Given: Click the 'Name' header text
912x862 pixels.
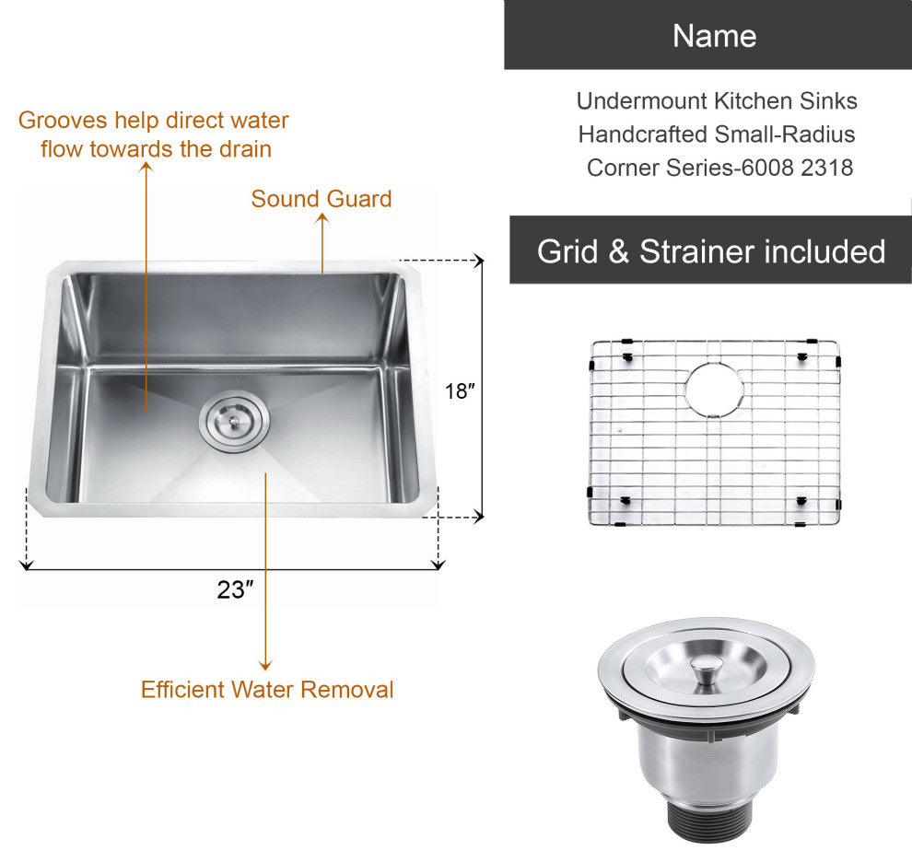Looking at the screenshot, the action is tap(714, 36).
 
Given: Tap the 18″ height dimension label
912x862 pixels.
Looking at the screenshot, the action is tap(460, 390).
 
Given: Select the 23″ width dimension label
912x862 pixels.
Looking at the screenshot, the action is tap(235, 589).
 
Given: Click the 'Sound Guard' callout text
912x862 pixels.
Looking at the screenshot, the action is tap(322, 199).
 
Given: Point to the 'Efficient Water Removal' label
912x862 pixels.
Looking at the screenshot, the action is tap(267, 689).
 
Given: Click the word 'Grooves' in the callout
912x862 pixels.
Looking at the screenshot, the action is tap(63, 121).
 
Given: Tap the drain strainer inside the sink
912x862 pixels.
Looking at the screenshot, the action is tap(234, 421).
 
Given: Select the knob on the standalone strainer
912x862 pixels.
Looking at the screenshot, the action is tap(705, 670).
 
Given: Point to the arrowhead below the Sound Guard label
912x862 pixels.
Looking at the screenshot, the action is tap(322, 218).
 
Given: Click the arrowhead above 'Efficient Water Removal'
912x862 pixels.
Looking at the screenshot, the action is tap(265, 665).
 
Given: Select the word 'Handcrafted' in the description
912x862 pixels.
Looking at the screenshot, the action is tap(642, 134).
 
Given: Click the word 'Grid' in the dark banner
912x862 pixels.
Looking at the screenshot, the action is tap(567, 251).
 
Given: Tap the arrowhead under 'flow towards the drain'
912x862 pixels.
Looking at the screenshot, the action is tap(146, 167).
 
